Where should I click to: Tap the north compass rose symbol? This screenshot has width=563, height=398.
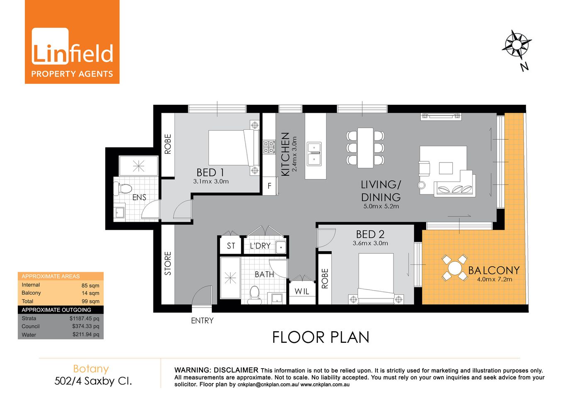pyautogui.click(x=516, y=44)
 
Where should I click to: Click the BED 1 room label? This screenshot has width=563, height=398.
pyautogui.click(x=210, y=172)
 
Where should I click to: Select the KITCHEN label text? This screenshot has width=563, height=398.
pyautogui.click(x=285, y=154)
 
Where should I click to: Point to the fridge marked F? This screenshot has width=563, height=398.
pyautogui.click(x=269, y=186)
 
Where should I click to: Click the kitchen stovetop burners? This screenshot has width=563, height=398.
pyautogui.click(x=269, y=147)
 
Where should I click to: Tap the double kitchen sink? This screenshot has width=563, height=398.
pyautogui.click(x=314, y=153)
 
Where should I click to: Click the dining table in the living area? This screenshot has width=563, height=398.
pyautogui.click(x=365, y=148)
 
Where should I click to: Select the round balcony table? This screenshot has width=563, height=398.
pyautogui.click(x=454, y=267)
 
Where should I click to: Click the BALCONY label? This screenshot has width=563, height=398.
pyautogui.click(x=493, y=270)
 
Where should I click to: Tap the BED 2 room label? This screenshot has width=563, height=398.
pyautogui.click(x=370, y=234)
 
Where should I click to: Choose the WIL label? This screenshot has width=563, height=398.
pyautogui.click(x=302, y=291)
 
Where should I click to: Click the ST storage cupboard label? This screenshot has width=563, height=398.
pyautogui.click(x=231, y=246)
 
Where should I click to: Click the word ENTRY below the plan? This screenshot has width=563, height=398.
pyautogui.click(x=202, y=320)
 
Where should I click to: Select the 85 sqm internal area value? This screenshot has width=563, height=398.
pyautogui.click(x=90, y=285)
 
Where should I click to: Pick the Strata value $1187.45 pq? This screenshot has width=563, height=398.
pyautogui.click(x=84, y=318)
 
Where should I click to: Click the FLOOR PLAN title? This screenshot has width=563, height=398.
pyautogui.click(x=320, y=337)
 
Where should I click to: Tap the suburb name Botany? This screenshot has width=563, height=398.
pyautogui.click(x=91, y=368)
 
